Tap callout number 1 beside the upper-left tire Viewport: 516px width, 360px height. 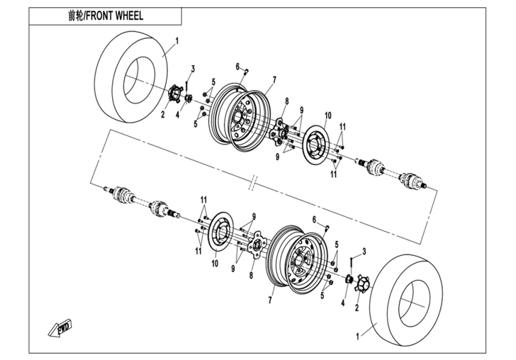[177, 40]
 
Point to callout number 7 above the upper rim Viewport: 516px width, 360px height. [274, 79]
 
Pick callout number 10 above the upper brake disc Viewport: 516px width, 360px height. [328, 115]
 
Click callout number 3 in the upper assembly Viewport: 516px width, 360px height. [193, 67]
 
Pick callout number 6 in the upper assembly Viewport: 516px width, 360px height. [238, 66]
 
